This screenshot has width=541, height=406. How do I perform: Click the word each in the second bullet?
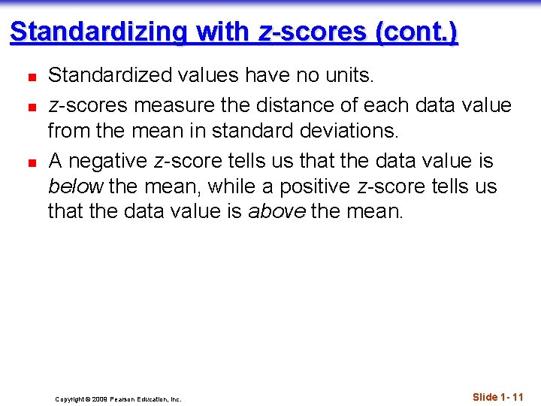point(406,105)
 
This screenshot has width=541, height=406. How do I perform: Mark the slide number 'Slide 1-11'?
point(497,397)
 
